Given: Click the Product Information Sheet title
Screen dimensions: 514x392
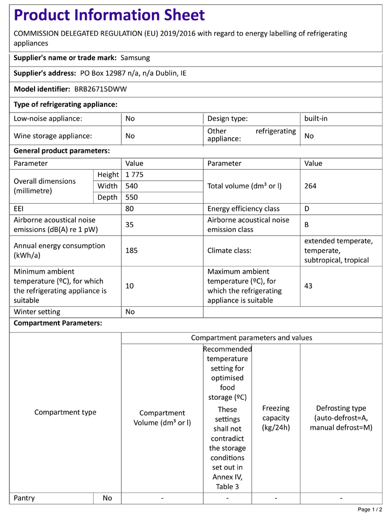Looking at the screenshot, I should click(x=109, y=15).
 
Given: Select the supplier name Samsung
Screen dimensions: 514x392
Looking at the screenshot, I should click(x=135, y=58).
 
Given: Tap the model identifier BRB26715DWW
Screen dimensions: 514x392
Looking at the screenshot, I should click(x=100, y=89).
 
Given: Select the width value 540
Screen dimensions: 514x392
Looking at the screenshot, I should click(x=131, y=186).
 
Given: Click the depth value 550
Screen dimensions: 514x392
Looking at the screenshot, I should click(x=131, y=197).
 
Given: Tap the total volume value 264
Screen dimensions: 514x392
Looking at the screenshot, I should click(x=310, y=186).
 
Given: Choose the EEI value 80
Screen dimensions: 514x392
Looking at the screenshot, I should click(x=130, y=209).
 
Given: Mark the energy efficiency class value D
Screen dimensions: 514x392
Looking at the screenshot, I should click(x=307, y=209).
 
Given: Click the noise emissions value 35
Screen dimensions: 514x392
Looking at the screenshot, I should click(x=130, y=225).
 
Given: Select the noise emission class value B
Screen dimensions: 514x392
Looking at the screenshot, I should click(x=307, y=225).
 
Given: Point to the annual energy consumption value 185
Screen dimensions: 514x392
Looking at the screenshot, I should click(x=131, y=251).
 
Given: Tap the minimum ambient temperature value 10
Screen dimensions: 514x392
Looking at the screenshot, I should click(x=130, y=286).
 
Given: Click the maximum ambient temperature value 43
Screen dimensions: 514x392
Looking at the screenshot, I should click(x=308, y=286).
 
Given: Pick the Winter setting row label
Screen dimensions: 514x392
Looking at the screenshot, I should click(x=37, y=312).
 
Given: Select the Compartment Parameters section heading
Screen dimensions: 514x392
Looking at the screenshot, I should click(x=57, y=323).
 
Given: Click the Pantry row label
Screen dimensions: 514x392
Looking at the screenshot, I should click(x=24, y=498).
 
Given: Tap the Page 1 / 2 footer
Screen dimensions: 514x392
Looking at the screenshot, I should click(x=370, y=509).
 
